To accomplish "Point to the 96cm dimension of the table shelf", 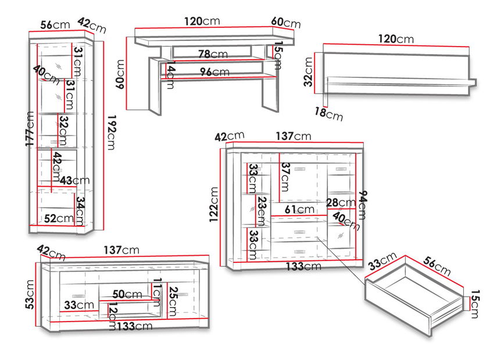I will tap(213, 72).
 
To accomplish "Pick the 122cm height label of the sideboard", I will tap(215, 204).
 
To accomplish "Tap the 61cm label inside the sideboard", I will tap(299, 209).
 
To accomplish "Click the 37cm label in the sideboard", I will tap(284, 177).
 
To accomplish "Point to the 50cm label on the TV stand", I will tap(127, 294).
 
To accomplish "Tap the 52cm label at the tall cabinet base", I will tap(59, 218).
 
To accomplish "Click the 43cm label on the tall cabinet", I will tap(75, 181).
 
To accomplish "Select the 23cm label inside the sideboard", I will tap(261, 210).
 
